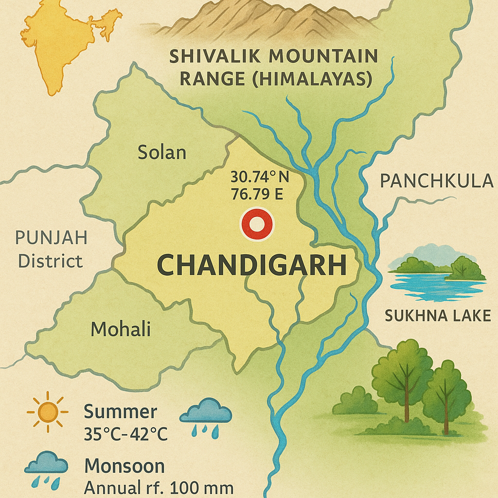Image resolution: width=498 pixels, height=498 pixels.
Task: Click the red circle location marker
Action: [x=257, y=224]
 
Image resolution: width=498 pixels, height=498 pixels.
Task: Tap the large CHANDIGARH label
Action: [x=252, y=266]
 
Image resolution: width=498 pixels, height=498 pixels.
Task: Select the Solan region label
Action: [x=162, y=153]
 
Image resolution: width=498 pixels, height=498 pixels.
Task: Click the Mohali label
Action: [x=121, y=330]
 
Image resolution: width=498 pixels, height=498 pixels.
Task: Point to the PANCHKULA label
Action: [x=436, y=181]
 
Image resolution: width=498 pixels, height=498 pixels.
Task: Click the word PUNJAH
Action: [x=52, y=238]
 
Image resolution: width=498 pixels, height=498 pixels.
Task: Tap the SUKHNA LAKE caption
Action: [x=438, y=316]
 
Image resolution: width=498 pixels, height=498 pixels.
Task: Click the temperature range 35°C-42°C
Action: [x=125, y=433]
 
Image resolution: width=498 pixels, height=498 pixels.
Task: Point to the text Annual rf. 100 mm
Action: [x=159, y=487]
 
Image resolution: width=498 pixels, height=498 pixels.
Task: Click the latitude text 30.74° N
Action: [x=259, y=177]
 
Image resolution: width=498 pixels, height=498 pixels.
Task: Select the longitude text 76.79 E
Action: [x=257, y=194]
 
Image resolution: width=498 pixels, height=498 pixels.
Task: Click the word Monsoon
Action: [x=124, y=466]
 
